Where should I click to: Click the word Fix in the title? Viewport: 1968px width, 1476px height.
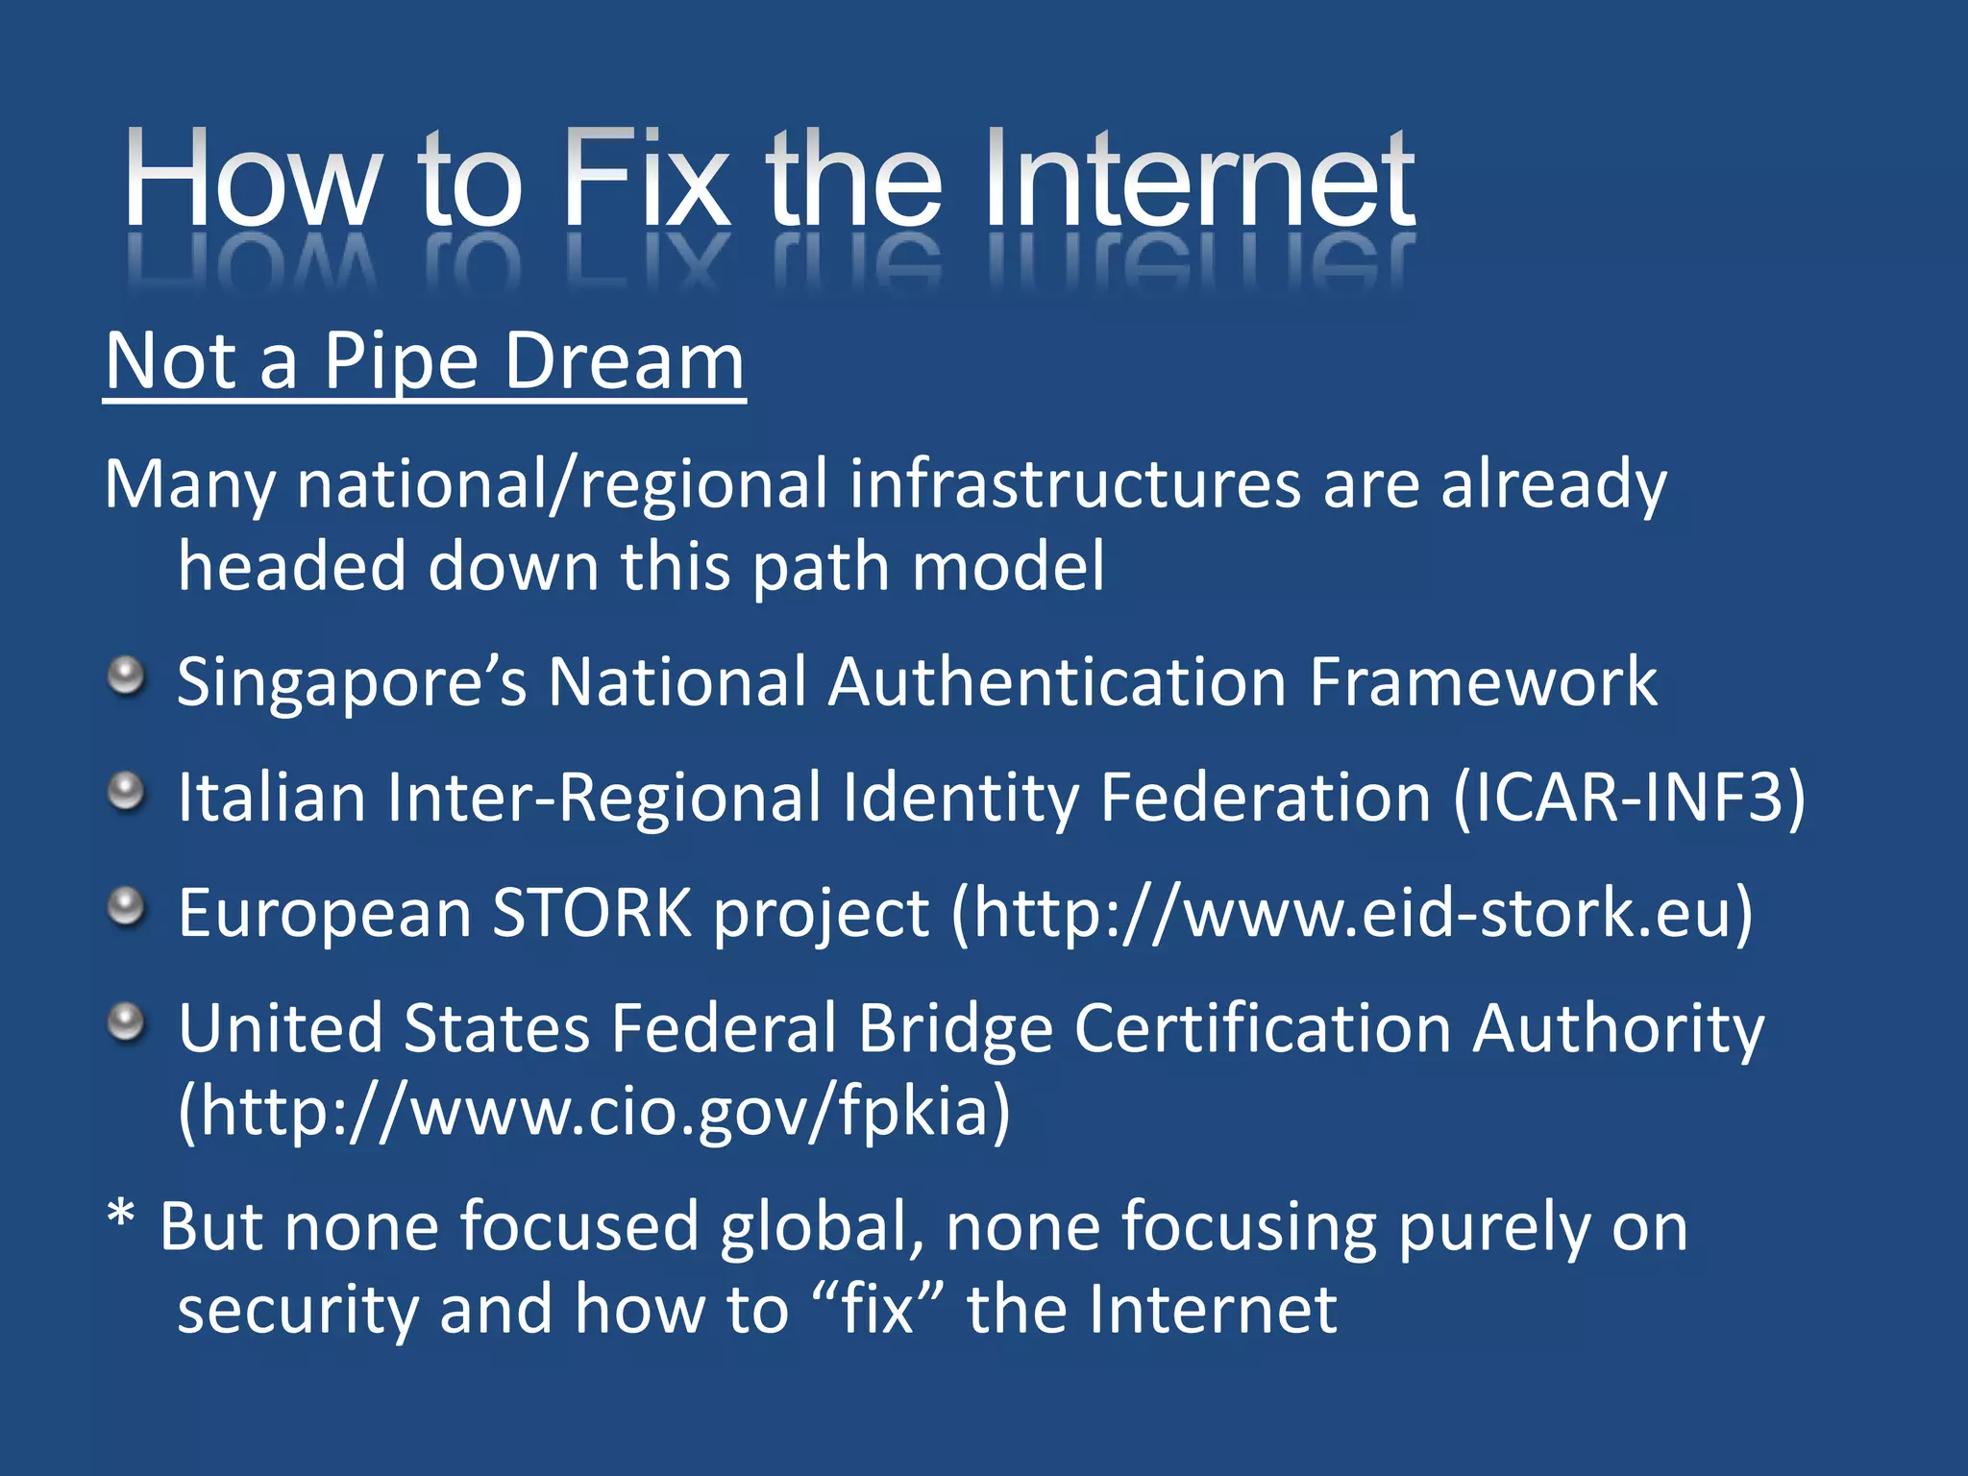(645, 180)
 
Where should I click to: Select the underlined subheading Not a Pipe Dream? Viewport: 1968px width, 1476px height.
(425, 362)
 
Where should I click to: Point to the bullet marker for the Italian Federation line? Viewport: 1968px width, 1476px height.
(126, 793)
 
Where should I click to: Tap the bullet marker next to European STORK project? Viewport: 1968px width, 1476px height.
(126, 907)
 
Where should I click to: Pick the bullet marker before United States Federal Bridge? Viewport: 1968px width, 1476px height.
(126, 1022)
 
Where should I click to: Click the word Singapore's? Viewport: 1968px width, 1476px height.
(352, 683)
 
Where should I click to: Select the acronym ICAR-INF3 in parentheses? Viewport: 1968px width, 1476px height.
(1630, 798)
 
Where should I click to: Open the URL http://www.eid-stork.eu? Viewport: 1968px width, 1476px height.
(1351, 913)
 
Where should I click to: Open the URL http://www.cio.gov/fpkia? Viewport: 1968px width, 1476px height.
(594, 1112)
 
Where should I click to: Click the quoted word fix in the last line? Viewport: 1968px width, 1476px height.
(875, 1311)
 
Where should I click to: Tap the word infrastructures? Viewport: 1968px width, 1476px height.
(1074, 484)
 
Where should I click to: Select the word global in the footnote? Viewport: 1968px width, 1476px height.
(822, 1228)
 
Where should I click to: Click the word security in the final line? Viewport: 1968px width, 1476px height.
(297, 1311)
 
